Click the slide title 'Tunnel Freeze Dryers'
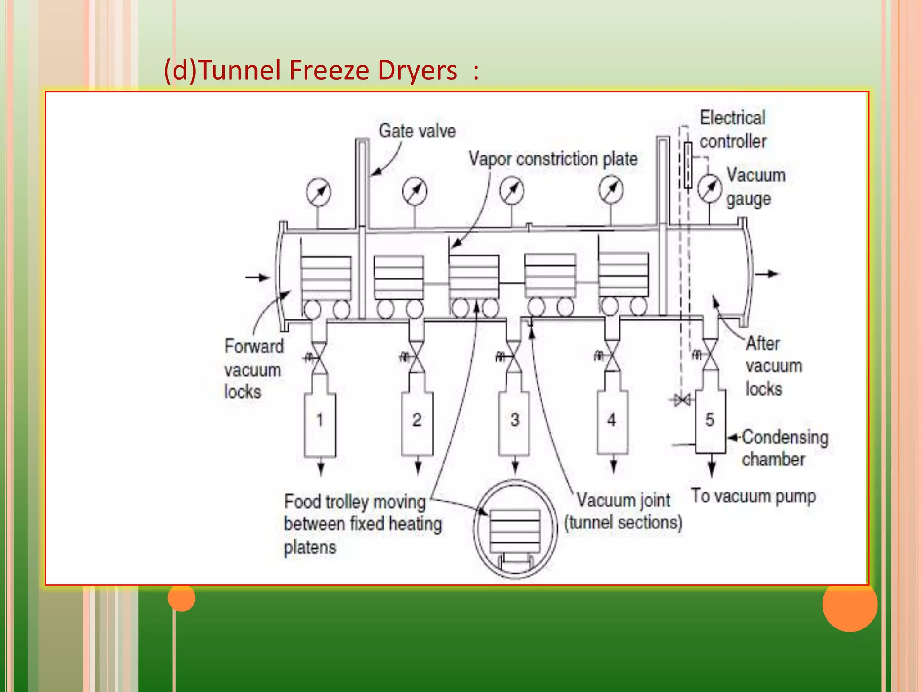coord(321,71)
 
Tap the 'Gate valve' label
coord(417,131)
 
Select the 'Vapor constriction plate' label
coord(553,159)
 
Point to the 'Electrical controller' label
coord(732,130)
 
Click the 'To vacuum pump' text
coord(753,496)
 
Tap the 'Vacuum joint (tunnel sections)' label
coord(623,511)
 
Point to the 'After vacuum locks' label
coord(773,366)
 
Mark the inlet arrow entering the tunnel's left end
coord(258,277)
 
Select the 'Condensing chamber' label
coord(785,448)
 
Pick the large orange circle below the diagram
coord(850,604)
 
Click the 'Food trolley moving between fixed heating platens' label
coord(362,524)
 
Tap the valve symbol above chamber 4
coord(611,356)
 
